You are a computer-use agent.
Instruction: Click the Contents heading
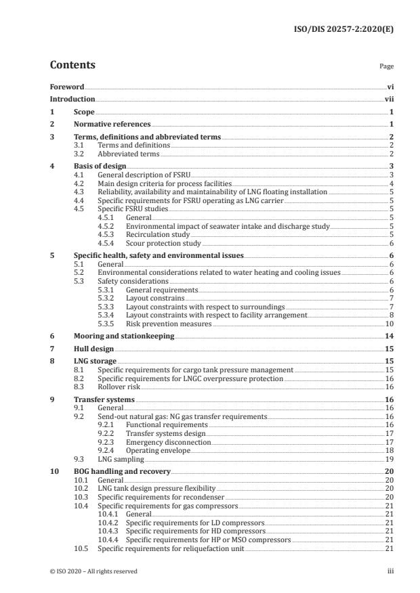point(72,66)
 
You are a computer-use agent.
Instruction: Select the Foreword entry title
point(67,87)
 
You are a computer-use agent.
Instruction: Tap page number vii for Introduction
point(390,99)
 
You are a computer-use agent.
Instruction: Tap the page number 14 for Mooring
point(390,336)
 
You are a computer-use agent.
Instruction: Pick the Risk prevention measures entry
point(168,324)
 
